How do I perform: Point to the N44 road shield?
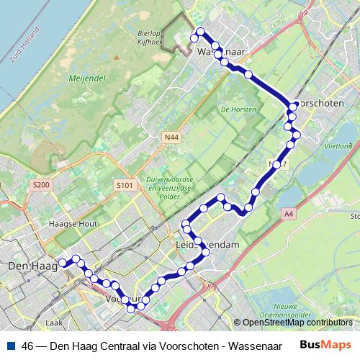(170, 136)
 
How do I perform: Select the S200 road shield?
(41, 185)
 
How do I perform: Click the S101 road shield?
(125, 185)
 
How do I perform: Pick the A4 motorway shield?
(289, 214)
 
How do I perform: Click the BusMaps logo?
(328, 344)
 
